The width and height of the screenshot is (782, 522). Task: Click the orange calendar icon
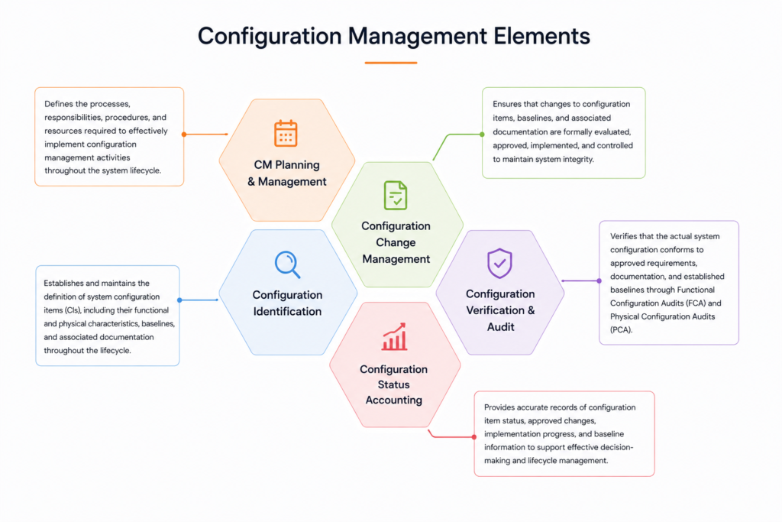pos(286,133)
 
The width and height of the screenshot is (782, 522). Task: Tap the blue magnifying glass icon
pos(288,264)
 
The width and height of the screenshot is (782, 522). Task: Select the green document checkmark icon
pos(396,195)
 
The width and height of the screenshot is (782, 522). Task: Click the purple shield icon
pos(499,263)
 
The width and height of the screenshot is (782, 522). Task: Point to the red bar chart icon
pos(395,336)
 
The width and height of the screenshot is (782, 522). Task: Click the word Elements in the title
pos(541,36)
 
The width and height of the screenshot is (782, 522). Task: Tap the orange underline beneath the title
pos(391,63)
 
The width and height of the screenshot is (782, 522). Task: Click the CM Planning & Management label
pos(287,173)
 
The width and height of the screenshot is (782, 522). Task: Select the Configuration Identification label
pos(287,303)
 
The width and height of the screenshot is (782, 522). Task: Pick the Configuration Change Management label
pos(396,242)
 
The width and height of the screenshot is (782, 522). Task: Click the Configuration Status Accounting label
pos(393,384)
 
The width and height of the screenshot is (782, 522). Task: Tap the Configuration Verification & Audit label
pos(500,310)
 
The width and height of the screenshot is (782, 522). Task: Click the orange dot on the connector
pos(184,135)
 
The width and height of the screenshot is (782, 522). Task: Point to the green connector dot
pos(482,135)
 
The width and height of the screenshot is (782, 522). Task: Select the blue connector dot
pos(179,300)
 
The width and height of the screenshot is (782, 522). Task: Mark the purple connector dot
pos(599,281)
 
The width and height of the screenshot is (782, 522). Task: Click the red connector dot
pos(473,437)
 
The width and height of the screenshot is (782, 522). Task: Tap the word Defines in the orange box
pos(59,104)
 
